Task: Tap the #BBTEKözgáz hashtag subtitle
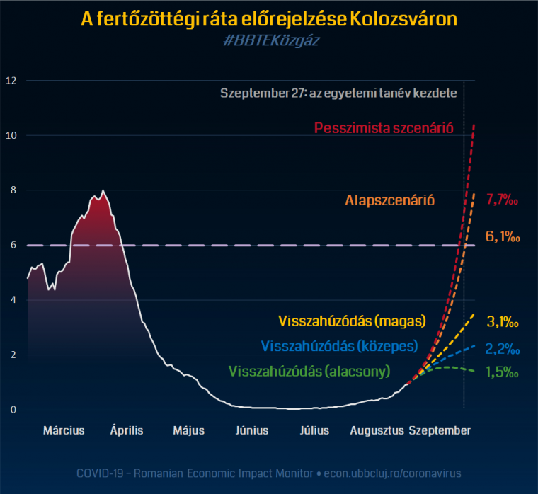[x=269, y=42]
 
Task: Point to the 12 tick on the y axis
[x=10, y=80]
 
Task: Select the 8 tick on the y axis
[x=10, y=190]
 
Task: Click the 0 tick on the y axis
[x=10, y=410]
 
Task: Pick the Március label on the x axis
[x=64, y=430]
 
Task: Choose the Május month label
[x=189, y=430]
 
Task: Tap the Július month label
[x=314, y=430]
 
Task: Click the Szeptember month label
[x=440, y=430]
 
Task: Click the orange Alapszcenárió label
[x=390, y=200]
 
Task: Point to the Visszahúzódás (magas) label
[x=353, y=321]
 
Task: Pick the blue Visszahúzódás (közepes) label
[x=339, y=346]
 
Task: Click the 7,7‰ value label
[x=503, y=200]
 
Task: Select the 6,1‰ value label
[x=503, y=238]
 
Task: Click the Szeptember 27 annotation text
[x=338, y=93]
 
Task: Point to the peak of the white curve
[x=103, y=190]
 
